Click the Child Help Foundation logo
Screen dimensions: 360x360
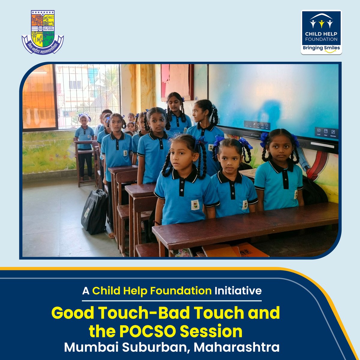pos(321,32)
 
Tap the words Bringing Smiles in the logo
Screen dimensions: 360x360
pos(321,48)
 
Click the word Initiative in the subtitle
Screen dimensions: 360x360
pos(238,291)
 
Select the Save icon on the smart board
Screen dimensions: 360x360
pos(325,133)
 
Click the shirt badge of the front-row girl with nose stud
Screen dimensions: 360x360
pos(195,205)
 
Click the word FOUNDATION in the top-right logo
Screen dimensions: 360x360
pos(321,39)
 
